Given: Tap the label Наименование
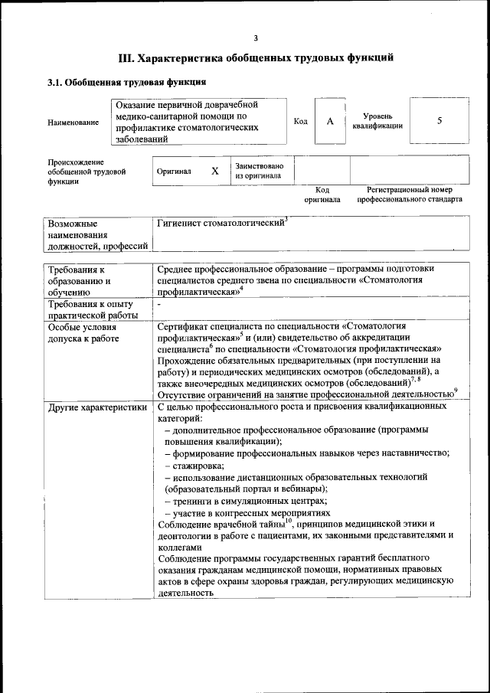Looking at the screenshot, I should click(x=73, y=122).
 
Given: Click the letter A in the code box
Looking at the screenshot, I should click(x=330, y=121).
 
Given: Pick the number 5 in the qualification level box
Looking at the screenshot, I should click(x=439, y=121).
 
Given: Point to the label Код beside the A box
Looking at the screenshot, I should click(x=301, y=121).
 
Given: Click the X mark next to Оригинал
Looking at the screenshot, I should click(x=215, y=172).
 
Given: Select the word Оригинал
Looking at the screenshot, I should click(x=174, y=172).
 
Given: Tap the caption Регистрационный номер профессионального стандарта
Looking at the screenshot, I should click(x=409, y=194).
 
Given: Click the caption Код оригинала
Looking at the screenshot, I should click(x=322, y=194).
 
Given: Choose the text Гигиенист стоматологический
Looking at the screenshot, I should click(x=220, y=223).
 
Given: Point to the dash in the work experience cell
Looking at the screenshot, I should click(x=158, y=305).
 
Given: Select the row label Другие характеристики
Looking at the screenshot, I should click(x=96, y=407).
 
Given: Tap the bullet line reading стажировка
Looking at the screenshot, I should click(x=195, y=466).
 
